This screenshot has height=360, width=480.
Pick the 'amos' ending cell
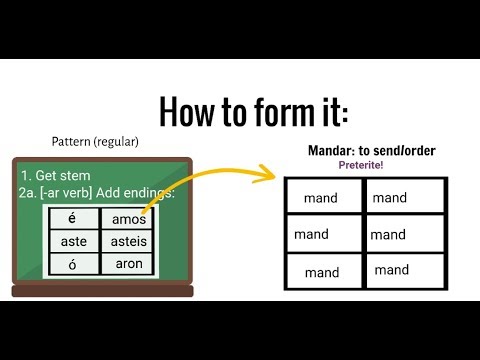tap(129, 219)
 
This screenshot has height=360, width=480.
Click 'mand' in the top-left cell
tap(322, 199)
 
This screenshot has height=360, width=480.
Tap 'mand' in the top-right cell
tap(390, 198)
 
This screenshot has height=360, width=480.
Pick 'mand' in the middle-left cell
tap(312, 235)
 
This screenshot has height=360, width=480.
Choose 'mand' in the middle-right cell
tap(388, 235)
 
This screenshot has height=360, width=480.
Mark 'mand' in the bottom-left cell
tap(322, 272)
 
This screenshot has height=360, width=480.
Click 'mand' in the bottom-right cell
tap(392, 269)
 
